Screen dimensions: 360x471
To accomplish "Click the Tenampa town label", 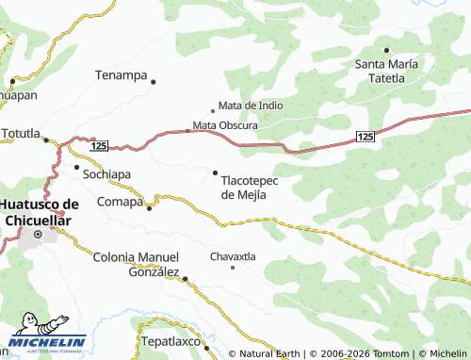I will pos(122,74).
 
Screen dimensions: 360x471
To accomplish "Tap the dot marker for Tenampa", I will pos(153,82).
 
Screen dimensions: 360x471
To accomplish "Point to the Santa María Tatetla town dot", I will pos(386,50).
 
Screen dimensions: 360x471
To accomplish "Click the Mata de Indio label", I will pos(251,106).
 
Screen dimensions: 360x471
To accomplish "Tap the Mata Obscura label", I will pos(226,124).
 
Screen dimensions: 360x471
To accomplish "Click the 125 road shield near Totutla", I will pos(100,146).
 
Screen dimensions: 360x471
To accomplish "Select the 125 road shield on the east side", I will pos(366,138).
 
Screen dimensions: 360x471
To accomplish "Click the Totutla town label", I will pos(21,133).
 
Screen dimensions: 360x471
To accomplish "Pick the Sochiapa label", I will pos(106,175).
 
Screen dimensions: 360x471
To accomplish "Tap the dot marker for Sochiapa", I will pos(76,167).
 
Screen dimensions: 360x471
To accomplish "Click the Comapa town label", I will pos(120,202).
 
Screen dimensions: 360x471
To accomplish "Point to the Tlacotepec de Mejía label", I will pos(250,188).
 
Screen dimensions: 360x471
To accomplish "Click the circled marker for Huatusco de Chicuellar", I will pos(38,234).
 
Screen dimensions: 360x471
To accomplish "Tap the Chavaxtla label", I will pos(232,255).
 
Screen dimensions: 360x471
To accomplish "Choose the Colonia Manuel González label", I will pos(137,264).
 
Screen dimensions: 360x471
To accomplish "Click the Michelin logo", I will pos(47,340).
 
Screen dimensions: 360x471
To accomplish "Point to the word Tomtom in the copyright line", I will pos(387,353).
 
